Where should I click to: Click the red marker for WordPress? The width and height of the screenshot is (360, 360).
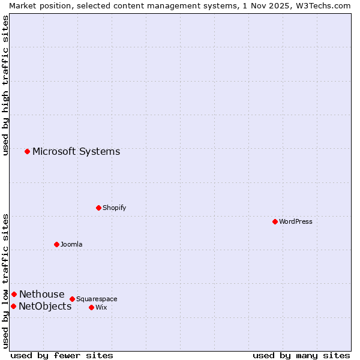275,221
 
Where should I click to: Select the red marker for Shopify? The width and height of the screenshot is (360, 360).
98,208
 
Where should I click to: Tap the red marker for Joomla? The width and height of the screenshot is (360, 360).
56,244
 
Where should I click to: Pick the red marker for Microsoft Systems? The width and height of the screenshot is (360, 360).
27,151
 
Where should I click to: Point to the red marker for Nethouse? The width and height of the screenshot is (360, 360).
14,294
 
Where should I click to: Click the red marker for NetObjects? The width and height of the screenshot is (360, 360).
13,307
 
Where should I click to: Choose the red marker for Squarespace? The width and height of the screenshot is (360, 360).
72,299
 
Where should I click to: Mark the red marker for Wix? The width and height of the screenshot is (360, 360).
91,307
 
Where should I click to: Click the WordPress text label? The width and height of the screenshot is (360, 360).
296,221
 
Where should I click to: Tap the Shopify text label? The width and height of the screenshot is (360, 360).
114,208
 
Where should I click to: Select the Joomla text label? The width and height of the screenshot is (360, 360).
71,244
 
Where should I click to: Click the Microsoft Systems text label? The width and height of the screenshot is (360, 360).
76,151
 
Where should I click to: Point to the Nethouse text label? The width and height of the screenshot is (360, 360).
41,294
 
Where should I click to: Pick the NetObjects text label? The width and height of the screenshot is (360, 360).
45,307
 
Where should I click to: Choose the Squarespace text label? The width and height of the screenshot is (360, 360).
97,299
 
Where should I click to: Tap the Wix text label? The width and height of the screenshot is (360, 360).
101,307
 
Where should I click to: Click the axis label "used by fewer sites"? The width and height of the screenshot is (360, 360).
62,355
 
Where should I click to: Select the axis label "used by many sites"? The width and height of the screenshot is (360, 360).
301,355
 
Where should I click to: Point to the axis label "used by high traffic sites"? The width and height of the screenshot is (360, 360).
5,85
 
